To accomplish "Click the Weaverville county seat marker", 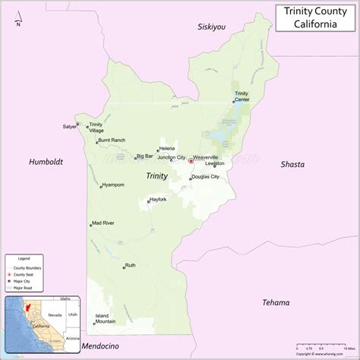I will [190, 160].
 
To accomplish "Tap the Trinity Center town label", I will [242, 96].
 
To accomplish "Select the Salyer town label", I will [70, 127].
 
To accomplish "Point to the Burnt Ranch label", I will [112, 141].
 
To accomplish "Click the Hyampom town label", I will [113, 185].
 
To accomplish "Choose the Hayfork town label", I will [158, 199].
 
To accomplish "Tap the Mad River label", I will [103, 223].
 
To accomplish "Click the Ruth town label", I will [131, 265].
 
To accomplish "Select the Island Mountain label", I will [106, 318].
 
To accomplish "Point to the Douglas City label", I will [205, 177].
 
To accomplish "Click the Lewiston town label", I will [215, 163].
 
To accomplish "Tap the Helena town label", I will [168, 148].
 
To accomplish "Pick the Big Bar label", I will [144, 157].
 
